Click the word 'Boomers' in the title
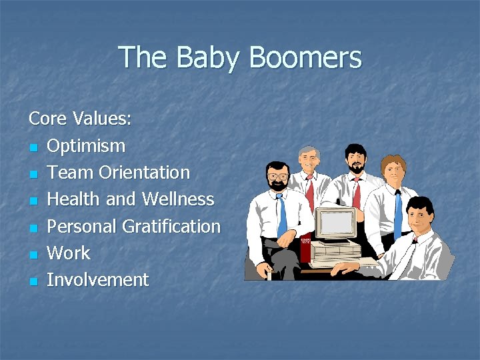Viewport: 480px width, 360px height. pyautogui.click(x=306, y=58)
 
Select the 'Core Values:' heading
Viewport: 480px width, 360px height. pyautogui.click(x=80, y=119)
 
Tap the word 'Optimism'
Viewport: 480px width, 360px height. pyautogui.click(x=86, y=146)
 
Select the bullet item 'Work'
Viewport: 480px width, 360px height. pyautogui.click(x=69, y=253)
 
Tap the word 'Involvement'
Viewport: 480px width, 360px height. pyautogui.click(x=98, y=280)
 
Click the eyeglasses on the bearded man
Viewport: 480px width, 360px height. pyautogui.click(x=277, y=177)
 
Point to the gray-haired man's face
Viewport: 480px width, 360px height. pyautogui.click(x=309, y=160)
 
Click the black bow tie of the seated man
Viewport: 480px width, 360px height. pyautogui.click(x=414, y=239)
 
